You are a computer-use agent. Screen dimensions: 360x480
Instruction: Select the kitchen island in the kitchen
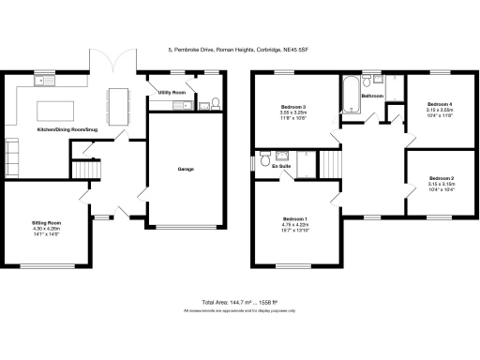(x=57, y=110)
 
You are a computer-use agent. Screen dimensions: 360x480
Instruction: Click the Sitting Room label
(x=46, y=223)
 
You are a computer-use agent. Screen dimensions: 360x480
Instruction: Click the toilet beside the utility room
(x=215, y=102)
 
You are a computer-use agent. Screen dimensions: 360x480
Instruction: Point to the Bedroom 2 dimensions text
(x=440, y=185)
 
